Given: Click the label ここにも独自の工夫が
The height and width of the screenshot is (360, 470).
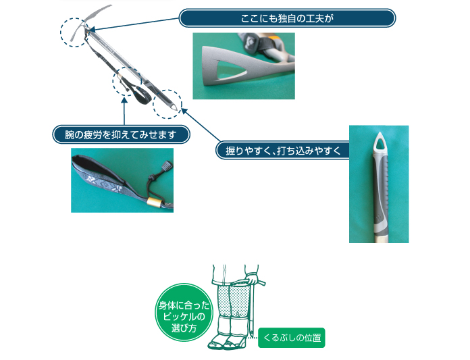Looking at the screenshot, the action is click(287, 18).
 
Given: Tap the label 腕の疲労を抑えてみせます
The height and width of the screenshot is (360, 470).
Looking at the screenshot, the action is click(121, 134).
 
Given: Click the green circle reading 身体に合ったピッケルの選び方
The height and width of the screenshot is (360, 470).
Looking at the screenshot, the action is click(184, 312).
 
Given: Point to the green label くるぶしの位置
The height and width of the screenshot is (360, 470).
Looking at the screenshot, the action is click(291, 338).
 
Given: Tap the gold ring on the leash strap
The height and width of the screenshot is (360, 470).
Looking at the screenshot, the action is click(154, 202).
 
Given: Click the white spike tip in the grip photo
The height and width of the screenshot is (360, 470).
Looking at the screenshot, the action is click(380, 143).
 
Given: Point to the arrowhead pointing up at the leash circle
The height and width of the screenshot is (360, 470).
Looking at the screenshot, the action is click(124, 100).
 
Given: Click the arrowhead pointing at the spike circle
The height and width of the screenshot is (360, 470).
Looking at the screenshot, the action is click(184, 111).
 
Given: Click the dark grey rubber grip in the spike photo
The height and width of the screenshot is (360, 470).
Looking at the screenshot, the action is click(380, 192).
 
